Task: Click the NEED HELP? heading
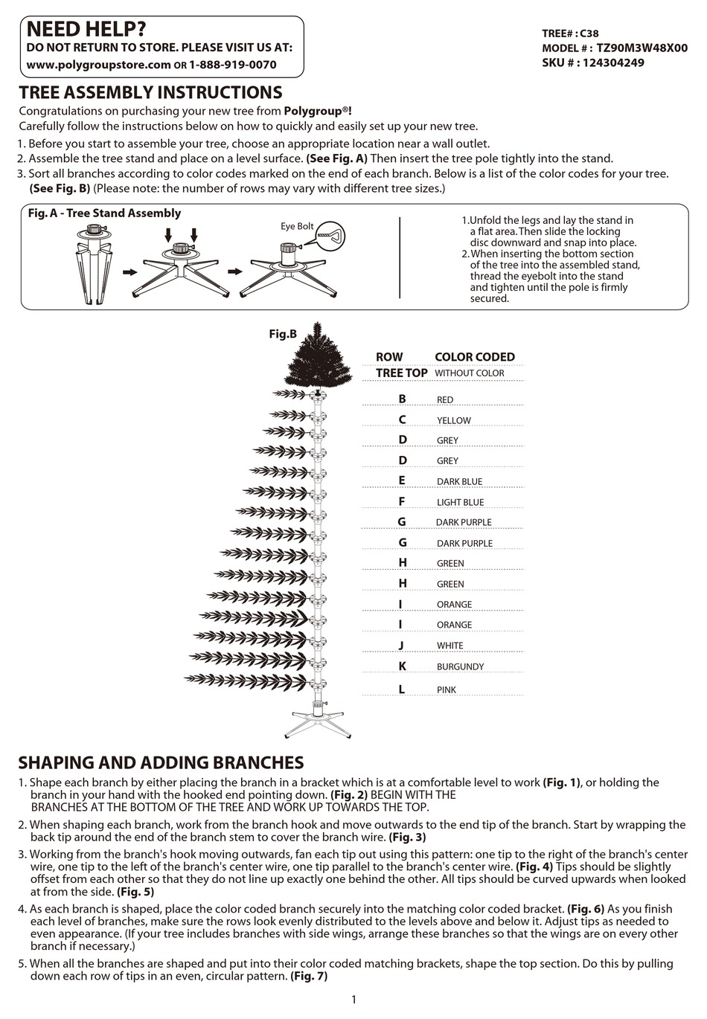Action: coord(86,29)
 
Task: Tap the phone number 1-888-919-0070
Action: coord(233,65)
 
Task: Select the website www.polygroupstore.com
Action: coord(98,65)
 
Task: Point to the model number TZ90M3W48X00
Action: coord(642,48)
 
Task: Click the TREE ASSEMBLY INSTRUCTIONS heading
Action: coord(150,93)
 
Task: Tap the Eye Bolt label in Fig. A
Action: coord(296,226)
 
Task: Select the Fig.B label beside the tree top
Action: coord(283,334)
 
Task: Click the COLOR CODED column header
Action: coord(474,357)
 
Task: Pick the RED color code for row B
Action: coord(445,400)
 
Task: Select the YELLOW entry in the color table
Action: coord(453,420)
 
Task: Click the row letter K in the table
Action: coord(402,666)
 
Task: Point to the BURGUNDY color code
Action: coord(460,667)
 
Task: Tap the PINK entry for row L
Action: coord(447,690)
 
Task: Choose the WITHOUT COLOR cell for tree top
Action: coord(469,373)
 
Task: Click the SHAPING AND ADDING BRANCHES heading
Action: coord(161,762)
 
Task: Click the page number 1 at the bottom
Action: coord(353,999)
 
